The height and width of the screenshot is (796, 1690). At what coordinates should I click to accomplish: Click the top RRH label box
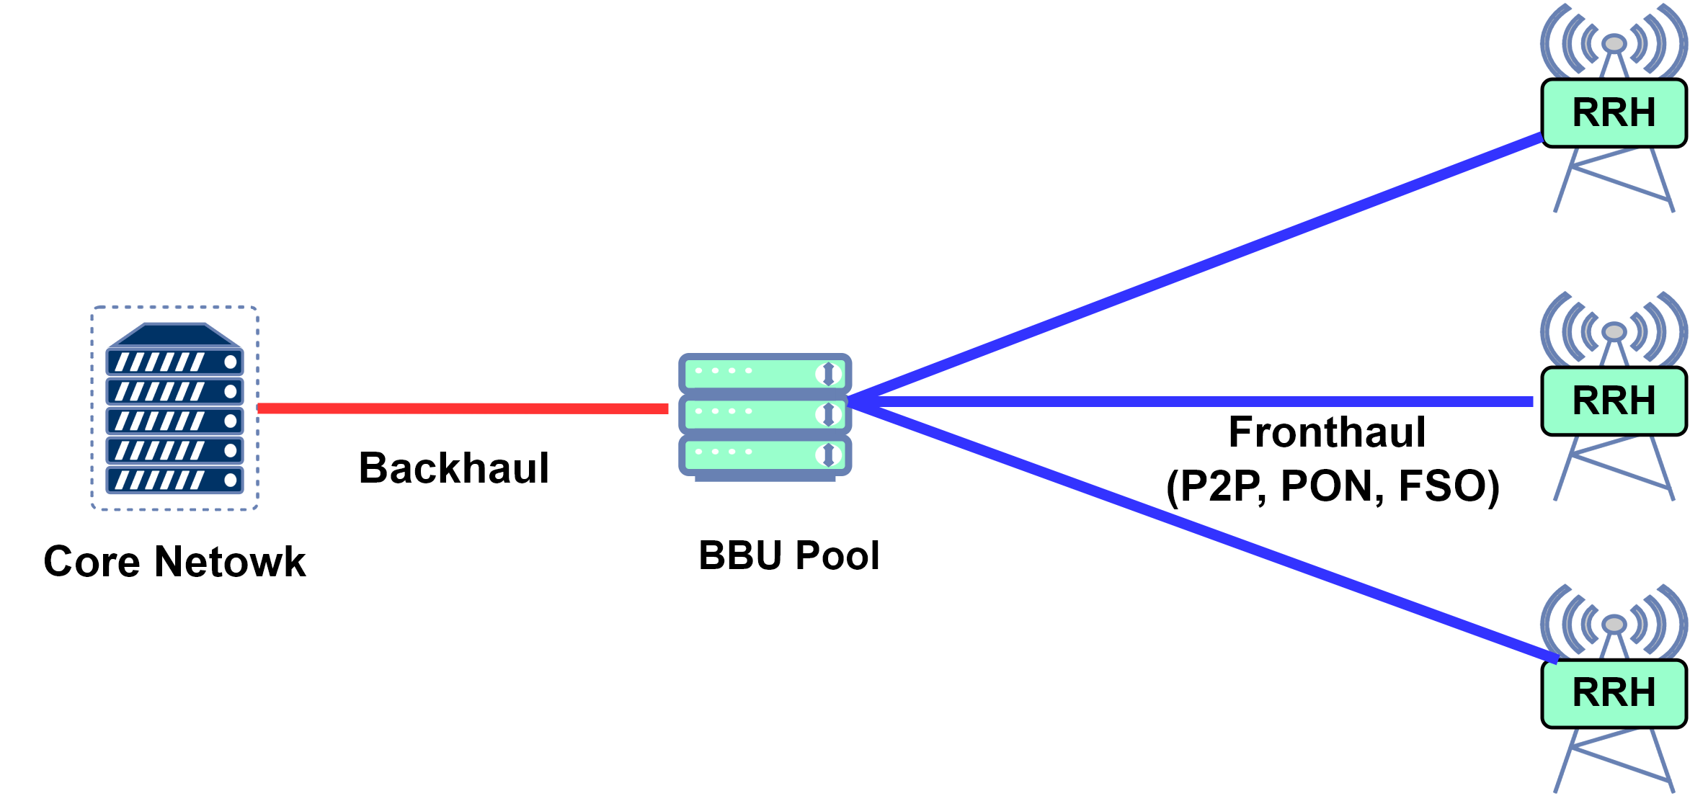click(x=1613, y=112)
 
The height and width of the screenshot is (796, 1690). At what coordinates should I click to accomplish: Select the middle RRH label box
click(x=1613, y=401)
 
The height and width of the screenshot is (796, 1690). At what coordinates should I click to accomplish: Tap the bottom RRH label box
click(x=1613, y=692)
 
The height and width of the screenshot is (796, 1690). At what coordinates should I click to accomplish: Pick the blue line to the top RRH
click(x=1196, y=267)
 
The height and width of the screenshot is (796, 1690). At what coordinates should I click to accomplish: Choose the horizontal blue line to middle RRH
click(x=1189, y=402)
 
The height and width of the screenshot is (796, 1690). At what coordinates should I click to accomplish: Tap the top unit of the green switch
click(x=765, y=373)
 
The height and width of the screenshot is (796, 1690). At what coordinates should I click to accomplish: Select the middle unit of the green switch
click(x=765, y=413)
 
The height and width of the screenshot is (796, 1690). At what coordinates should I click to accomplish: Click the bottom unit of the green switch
click(x=765, y=454)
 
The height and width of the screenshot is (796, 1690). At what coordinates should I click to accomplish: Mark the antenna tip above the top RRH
click(x=1614, y=44)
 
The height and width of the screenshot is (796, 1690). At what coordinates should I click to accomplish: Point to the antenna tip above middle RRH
click(x=1614, y=332)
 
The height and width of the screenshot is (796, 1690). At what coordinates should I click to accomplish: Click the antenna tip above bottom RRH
click(x=1614, y=624)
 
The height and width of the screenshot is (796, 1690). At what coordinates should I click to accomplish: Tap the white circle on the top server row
click(x=231, y=362)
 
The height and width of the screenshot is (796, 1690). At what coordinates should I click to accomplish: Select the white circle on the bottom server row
click(x=231, y=480)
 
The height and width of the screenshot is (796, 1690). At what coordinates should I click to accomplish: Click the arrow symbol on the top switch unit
click(x=828, y=373)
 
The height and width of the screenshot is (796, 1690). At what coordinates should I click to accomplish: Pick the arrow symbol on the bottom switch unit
click(x=828, y=454)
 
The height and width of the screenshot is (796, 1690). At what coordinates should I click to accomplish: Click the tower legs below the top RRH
click(x=1614, y=180)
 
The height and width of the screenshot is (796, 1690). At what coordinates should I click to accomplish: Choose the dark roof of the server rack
click(x=174, y=336)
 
